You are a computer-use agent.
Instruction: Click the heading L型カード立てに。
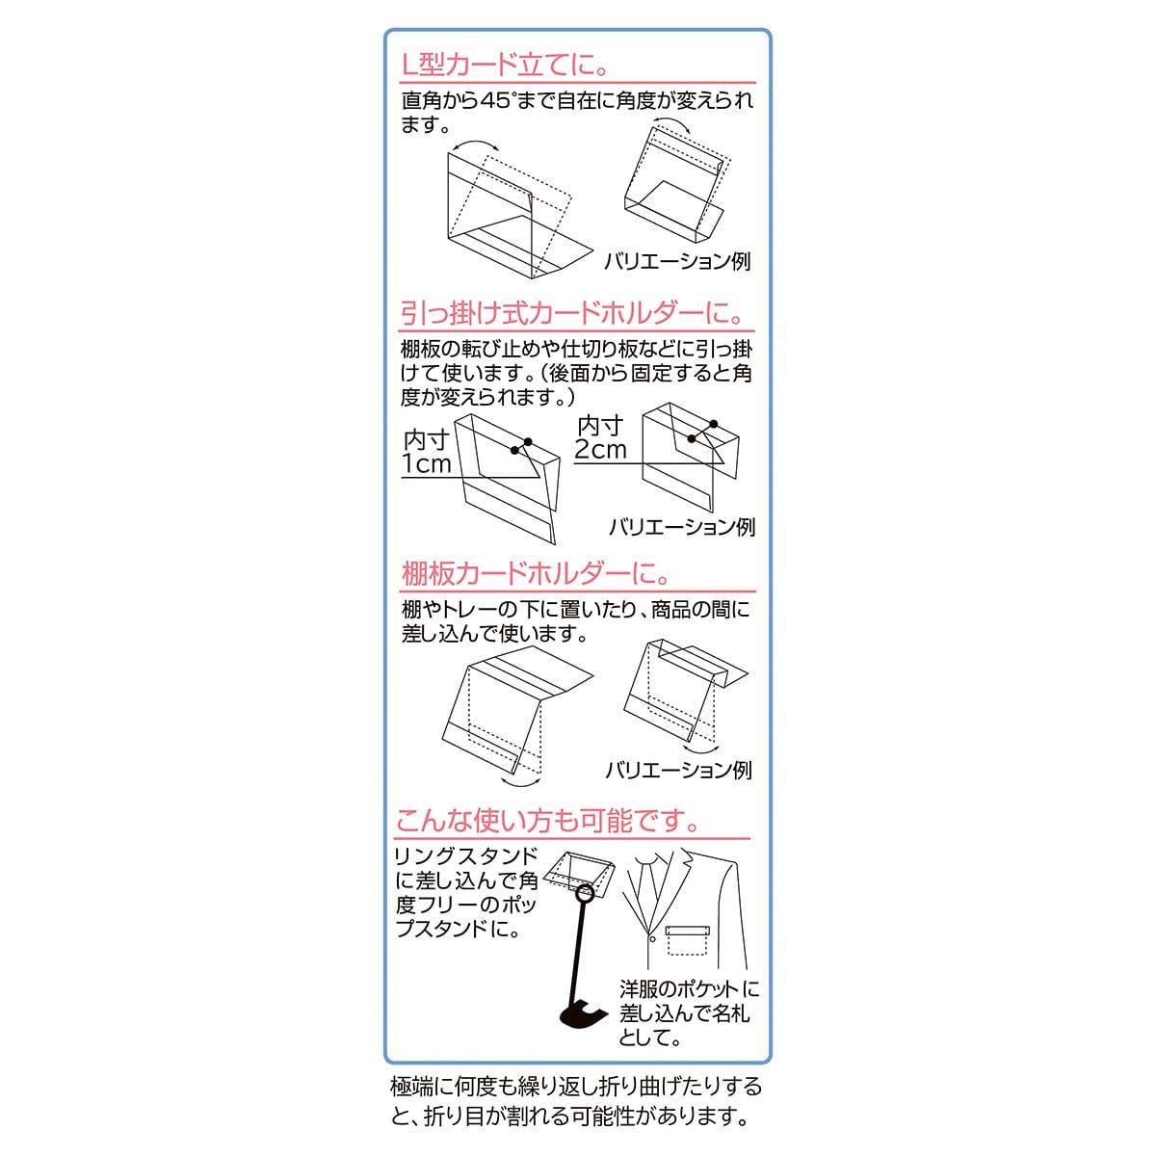507,65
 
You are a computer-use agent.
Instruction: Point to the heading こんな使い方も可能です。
547,821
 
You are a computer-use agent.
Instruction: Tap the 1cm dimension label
427,463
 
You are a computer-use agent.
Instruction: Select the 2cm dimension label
600,449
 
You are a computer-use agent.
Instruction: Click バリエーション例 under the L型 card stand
677,262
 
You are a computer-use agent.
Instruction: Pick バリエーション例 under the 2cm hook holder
682,527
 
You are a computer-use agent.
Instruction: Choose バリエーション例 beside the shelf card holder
678,771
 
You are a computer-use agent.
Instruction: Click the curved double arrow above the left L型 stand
476,143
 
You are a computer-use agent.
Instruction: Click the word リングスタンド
466,856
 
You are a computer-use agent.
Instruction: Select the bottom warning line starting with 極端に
576,1087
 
